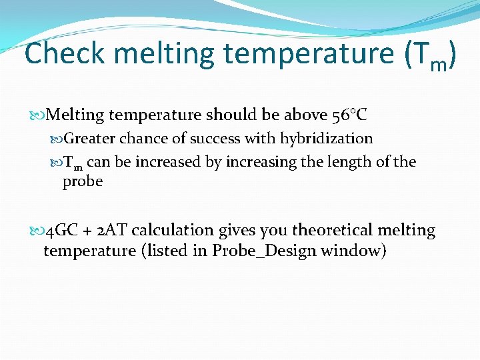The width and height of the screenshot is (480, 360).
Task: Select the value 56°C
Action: tap(349, 115)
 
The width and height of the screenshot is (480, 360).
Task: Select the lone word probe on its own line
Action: tap(83, 181)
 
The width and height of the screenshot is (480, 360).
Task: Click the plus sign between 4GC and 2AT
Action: tap(87, 231)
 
